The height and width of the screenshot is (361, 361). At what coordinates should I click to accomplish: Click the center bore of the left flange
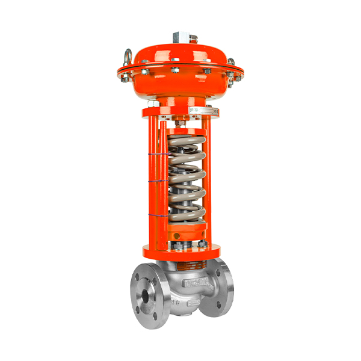coord(145,297)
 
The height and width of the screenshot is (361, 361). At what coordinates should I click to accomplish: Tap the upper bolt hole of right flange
coord(218,274)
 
